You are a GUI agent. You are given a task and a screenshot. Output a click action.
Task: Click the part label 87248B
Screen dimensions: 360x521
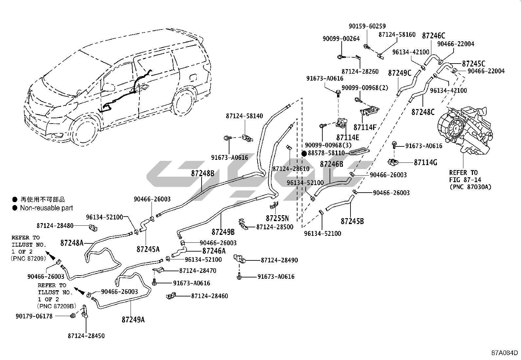click(203, 173)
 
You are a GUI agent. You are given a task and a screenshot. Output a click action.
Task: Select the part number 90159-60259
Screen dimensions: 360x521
click(367, 26)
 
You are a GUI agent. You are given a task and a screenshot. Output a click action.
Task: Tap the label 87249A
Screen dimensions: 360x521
click(133, 319)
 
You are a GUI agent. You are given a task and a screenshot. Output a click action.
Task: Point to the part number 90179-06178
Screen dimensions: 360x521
click(34, 316)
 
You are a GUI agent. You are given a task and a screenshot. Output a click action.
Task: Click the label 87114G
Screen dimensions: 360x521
click(425, 162)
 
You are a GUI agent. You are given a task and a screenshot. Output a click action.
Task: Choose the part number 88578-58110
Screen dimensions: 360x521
click(326, 153)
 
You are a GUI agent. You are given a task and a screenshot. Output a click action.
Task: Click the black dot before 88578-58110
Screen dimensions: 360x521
click(304, 153)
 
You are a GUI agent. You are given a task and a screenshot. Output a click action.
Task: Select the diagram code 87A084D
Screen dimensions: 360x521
click(504, 353)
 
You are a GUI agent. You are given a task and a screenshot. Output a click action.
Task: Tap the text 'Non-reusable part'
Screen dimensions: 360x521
click(46, 208)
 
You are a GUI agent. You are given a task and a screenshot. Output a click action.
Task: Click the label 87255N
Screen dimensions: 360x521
click(277, 218)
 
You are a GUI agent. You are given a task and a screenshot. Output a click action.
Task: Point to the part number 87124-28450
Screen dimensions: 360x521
click(86, 336)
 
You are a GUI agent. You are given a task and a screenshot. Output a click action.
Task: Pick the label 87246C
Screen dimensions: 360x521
click(433, 36)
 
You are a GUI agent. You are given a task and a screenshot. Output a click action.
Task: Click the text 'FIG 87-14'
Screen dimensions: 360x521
click(463, 180)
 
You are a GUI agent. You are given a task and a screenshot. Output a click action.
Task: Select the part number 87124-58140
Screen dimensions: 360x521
click(244, 116)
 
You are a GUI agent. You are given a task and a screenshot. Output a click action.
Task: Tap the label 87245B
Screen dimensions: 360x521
click(352, 221)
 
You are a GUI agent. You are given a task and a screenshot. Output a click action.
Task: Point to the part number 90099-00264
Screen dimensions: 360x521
click(341, 39)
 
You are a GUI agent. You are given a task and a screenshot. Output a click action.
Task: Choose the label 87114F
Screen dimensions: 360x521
click(365, 127)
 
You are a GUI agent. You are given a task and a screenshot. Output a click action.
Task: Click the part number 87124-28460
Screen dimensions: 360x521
click(209, 296)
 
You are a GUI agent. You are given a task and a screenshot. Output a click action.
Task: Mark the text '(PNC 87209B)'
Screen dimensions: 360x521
click(57, 306)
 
